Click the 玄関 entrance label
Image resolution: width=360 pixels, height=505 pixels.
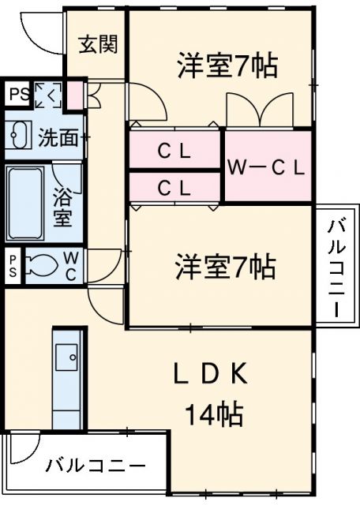(x=99, y=43)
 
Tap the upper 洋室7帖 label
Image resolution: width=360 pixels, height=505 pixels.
(x=227, y=66)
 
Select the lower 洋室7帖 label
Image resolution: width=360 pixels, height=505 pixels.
(x=226, y=269)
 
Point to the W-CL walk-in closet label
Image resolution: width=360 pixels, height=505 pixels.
(x=266, y=166)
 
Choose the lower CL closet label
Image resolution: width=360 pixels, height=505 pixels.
(x=174, y=189)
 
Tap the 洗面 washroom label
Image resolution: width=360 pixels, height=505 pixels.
(x=59, y=137)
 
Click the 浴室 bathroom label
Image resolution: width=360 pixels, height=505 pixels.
(x=63, y=207)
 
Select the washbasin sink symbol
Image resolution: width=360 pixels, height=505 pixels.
(x=19, y=137)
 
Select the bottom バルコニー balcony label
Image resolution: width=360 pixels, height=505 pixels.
(x=94, y=464)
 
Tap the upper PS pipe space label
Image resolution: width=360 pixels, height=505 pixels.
(x=17, y=94)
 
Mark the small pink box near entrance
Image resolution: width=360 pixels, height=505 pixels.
(x=76, y=94)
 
